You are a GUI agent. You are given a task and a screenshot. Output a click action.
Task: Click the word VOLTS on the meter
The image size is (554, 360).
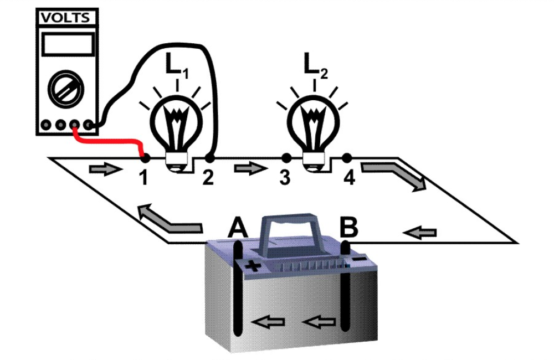tap(65, 18)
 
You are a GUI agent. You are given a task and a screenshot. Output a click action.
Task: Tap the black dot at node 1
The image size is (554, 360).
tap(143, 158)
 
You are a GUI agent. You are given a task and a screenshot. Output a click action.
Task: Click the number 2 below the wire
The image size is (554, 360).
tap(208, 178)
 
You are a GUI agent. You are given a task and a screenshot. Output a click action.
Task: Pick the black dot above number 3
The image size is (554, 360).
tap(286, 158)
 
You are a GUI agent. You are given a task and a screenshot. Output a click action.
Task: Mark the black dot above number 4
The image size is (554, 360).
tap(347, 158)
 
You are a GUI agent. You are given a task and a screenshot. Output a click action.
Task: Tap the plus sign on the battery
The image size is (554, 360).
tap(253, 265)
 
